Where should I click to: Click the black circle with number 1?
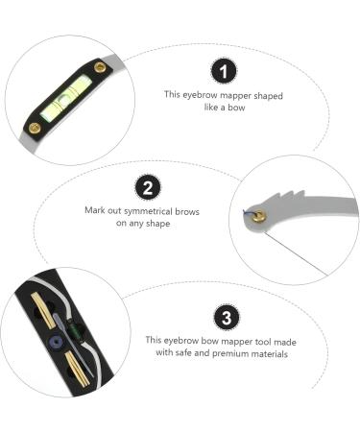click(225, 72)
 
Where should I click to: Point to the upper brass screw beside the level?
click(100, 68)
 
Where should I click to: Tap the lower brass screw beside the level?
click(34, 127)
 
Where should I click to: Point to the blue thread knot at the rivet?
click(248, 214)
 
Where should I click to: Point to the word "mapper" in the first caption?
click(239, 96)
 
